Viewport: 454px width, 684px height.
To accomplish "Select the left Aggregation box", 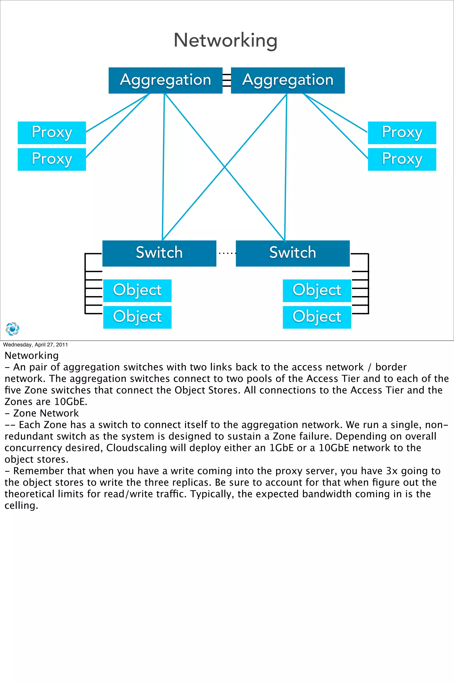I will tap(165, 80).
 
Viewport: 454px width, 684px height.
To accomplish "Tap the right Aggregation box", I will tap(288, 80).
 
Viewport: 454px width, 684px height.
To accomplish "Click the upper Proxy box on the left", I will tap(52, 133).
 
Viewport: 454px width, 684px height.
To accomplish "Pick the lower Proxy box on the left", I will tap(52, 159).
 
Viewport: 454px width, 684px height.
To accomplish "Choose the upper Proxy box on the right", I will tap(402, 133).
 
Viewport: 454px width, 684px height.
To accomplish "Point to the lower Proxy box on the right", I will tap(402, 159).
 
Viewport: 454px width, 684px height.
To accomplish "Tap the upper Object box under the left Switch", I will tap(137, 291).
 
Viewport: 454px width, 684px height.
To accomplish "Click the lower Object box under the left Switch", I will tap(137, 317).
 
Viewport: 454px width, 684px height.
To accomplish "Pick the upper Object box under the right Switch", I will tap(317, 291).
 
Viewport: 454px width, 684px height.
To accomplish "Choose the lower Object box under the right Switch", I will tap(317, 317).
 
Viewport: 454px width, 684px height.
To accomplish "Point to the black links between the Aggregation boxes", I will tap(227, 80).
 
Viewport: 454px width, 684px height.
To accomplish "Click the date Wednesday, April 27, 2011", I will tap(35, 345).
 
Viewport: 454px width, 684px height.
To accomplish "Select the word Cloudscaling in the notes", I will tap(136, 448).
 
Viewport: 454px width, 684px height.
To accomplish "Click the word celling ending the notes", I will tap(21, 505).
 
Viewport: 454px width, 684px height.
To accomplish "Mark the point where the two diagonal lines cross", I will tap(225, 167).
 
